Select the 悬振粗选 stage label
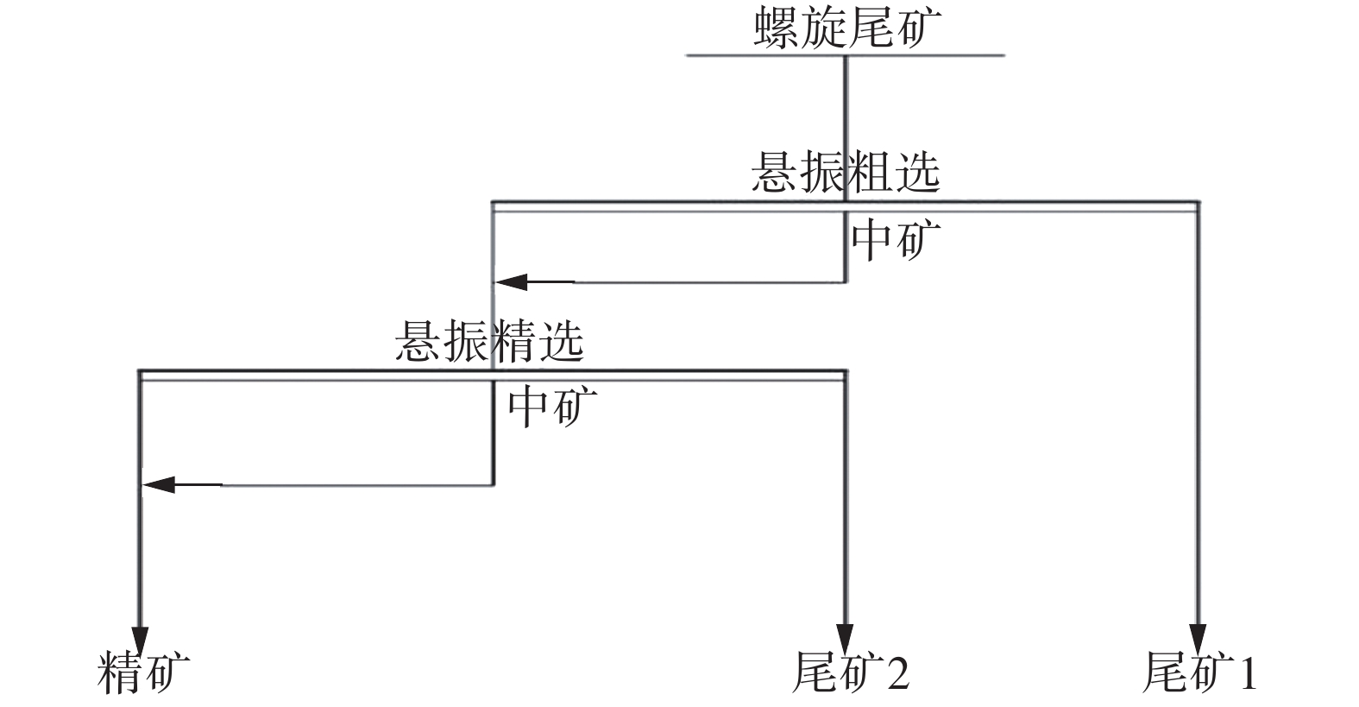click(x=845, y=172)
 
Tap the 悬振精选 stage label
click(x=489, y=342)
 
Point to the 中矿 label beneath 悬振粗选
click(x=895, y=240)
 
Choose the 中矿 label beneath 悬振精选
click(x=551, y=407)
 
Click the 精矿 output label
click(x=143, y=672)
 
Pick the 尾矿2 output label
click(x=850, y=672)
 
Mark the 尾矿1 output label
click(x=1199, y=672)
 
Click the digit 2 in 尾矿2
click(x=897, y=672)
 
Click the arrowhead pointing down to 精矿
click(x=140, y=639)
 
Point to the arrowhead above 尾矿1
click(x=1197, y=639)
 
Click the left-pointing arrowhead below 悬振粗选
click(x=509, y=281)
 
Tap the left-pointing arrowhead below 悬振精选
click(x=159, y=485)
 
